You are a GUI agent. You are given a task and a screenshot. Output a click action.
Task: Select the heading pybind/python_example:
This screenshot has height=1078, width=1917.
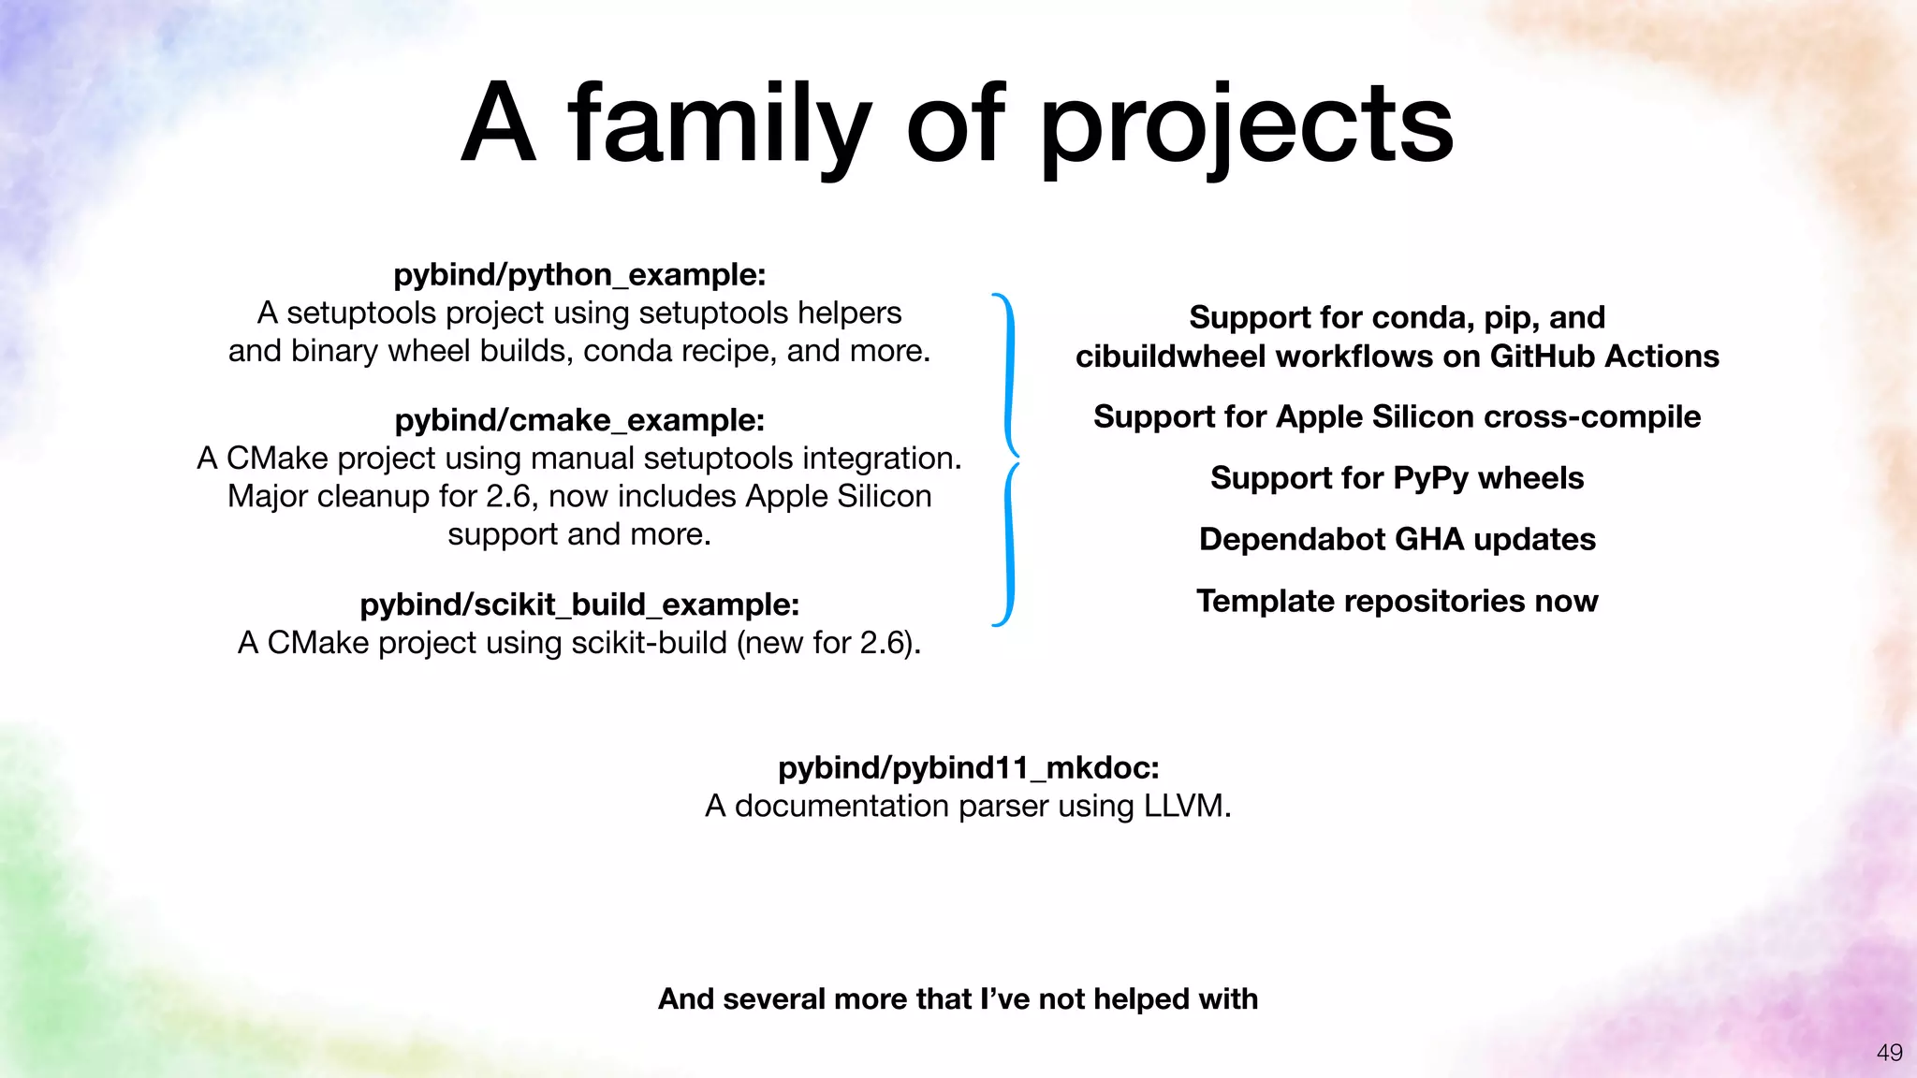tap(579, 274)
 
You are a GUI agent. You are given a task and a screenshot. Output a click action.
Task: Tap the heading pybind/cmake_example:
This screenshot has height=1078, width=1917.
tap(579, 420)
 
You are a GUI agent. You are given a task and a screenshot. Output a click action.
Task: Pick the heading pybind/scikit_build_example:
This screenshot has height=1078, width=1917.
tap(579, 605)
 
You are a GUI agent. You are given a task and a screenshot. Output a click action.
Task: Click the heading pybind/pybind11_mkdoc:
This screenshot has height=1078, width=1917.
tap(969, 767)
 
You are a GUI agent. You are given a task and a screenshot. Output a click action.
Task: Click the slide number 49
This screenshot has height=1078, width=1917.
tap(1889, 1053)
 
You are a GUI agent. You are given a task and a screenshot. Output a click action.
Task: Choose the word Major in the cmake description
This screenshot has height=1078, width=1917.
tap(268, 496)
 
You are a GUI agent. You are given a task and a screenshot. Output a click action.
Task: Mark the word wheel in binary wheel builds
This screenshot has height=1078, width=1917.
tap(430, 351)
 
